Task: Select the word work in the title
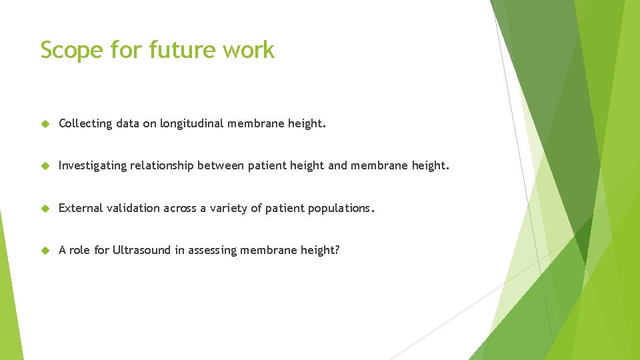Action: [249, 50]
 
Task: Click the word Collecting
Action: [85, 123]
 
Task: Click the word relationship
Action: [162, 165]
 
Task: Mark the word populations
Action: [339, 208]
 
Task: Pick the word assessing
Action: [212, 251]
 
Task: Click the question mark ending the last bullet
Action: [337, 250]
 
